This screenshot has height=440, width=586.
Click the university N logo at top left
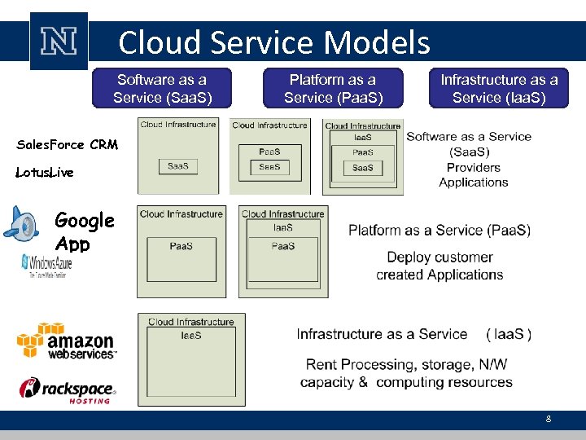click(58, 41)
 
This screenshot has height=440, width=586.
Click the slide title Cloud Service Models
click(273, 42)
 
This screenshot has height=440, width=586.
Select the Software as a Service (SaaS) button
click(162, 88)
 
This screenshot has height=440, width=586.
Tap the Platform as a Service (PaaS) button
click(333, 88)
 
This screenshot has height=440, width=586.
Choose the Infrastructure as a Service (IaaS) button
click(499, 88)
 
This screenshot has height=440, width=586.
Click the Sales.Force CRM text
click(68, 145)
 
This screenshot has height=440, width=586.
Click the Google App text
click(84, 231)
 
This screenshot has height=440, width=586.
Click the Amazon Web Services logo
click(68, 341)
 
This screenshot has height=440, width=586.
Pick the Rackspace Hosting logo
click(68, 390)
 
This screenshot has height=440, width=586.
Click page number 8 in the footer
click(548, 419)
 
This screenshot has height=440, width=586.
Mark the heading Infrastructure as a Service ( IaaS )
click(414, 334)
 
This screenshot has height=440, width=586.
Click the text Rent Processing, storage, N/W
click(406, 364)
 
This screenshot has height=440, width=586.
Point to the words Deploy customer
click(439, 257)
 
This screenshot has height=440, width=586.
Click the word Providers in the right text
click(473, 167)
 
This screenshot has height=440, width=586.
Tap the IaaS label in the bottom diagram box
click(191, 335)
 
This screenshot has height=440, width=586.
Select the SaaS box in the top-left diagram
click(178, 166)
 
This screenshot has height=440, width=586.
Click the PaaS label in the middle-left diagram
click(181, 246)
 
